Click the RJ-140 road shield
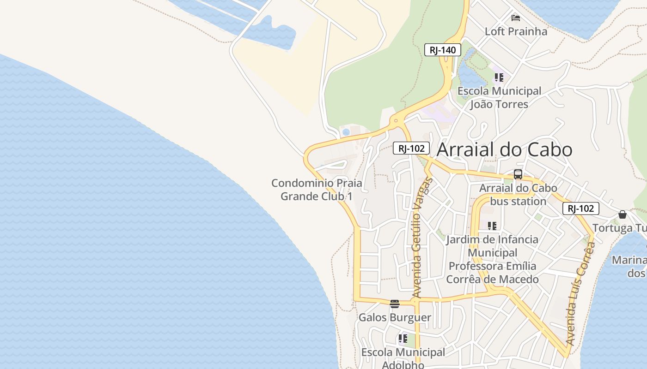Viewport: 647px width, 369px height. [x=442, y=50]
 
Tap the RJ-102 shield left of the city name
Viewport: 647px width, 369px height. [x=411, y=148]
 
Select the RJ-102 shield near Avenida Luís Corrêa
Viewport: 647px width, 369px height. [x=580, y=208]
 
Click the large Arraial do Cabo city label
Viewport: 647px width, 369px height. [x=504, y=149]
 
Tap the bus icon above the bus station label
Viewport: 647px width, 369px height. [x=518, y=174]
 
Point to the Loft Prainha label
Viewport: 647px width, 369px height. [x=516, y=31]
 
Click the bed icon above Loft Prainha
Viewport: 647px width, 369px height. [x=516, y=18]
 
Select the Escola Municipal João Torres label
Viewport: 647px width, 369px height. [x=499, y=97]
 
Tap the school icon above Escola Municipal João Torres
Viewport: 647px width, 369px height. [x=499, y=77]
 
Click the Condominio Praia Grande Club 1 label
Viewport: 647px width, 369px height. [x=317, y=190]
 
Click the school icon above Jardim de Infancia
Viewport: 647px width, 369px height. [x=492, y=226]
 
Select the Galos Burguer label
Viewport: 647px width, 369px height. [x=395, y=317]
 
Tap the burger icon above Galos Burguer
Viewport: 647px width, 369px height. [x=394, y=304]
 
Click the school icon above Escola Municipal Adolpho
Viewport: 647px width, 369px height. [x=403, y=339]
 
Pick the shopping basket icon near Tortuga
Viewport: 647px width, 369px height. [x=623, y=214]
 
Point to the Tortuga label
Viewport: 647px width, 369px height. [x=619, y=228]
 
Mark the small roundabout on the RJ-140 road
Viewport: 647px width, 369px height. [x=396, y=121]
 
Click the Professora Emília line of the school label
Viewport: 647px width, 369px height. [x=492, y=266]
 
